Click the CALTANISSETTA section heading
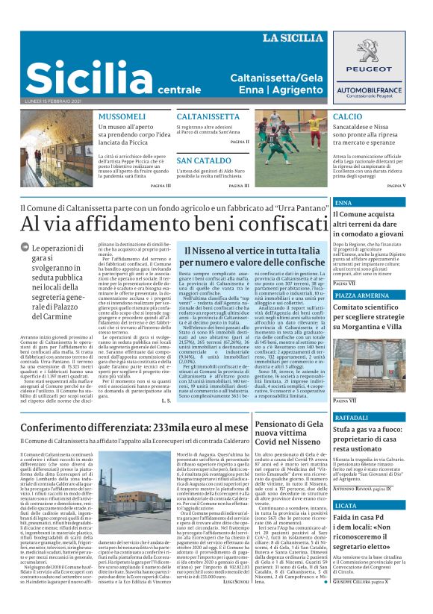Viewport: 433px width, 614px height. [208, 117]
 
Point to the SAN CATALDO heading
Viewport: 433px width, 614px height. [204, 160]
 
